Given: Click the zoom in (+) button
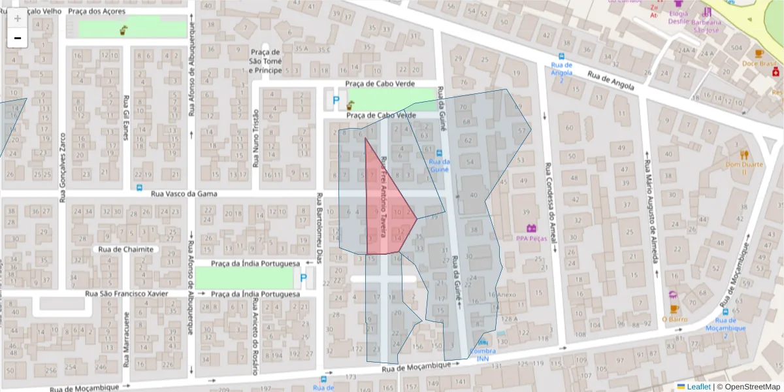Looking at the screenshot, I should (18, 18).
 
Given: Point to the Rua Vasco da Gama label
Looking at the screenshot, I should (183, 194).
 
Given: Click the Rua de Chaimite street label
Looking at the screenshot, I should (126, 249).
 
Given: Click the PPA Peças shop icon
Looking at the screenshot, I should (532, 228).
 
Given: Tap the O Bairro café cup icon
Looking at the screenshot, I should (674, 308).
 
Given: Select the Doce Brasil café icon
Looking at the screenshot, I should (759, 54).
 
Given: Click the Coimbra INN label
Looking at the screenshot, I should (482, 355).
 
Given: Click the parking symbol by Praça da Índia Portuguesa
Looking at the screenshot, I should (302, 278).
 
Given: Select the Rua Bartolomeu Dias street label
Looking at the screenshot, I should (319, 228).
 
